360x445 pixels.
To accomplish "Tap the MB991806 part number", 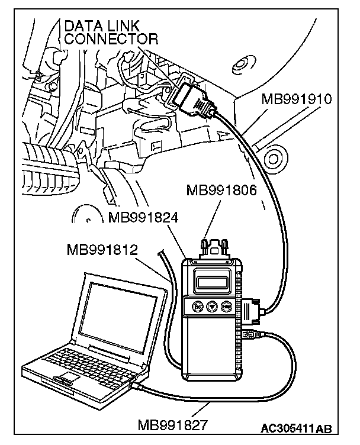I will pyautogui.click(x=223, y=191).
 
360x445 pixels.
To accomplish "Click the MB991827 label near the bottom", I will pyautogui.click(x=172, y=425).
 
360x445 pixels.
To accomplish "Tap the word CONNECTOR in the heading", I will pyautogui.click(x=111, y=40).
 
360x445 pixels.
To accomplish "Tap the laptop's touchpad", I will pyautogui.click(x=66, y=378).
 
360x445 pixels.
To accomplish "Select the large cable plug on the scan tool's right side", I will pyautogui.click(x=252, y=310).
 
